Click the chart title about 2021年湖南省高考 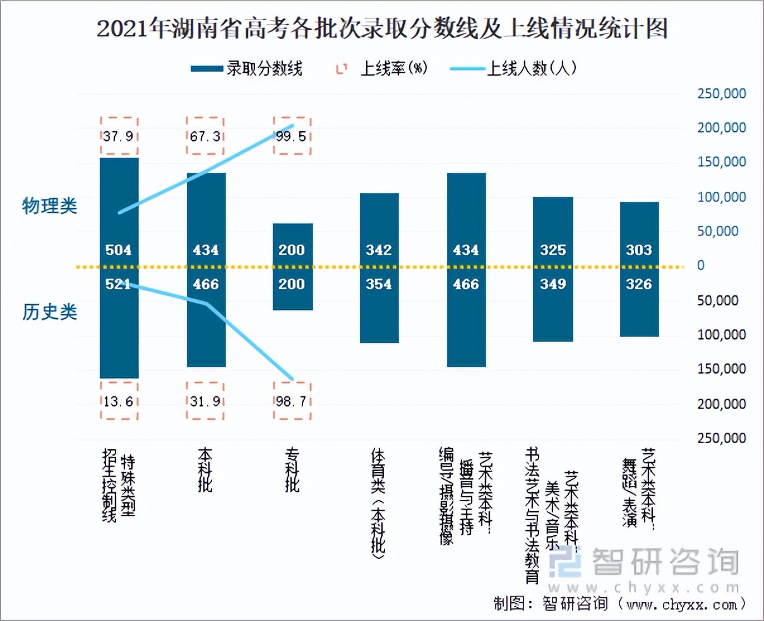pos(381,29)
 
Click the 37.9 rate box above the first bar pos(119,136)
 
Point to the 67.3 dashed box pos(205,136)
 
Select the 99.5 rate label pos(292,136)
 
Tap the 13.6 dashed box pos(119,401)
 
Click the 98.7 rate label pos(292,401)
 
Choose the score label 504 pos(119,250)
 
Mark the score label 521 pos(119,284)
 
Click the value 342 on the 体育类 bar pos(379,250)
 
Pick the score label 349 pos(552,284)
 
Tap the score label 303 pos(639,250)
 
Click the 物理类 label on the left pos(50,206)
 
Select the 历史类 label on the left pos(50,312)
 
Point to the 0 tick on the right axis pos(701,266)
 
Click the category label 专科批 pos(292,470)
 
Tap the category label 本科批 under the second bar pos(205,470)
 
